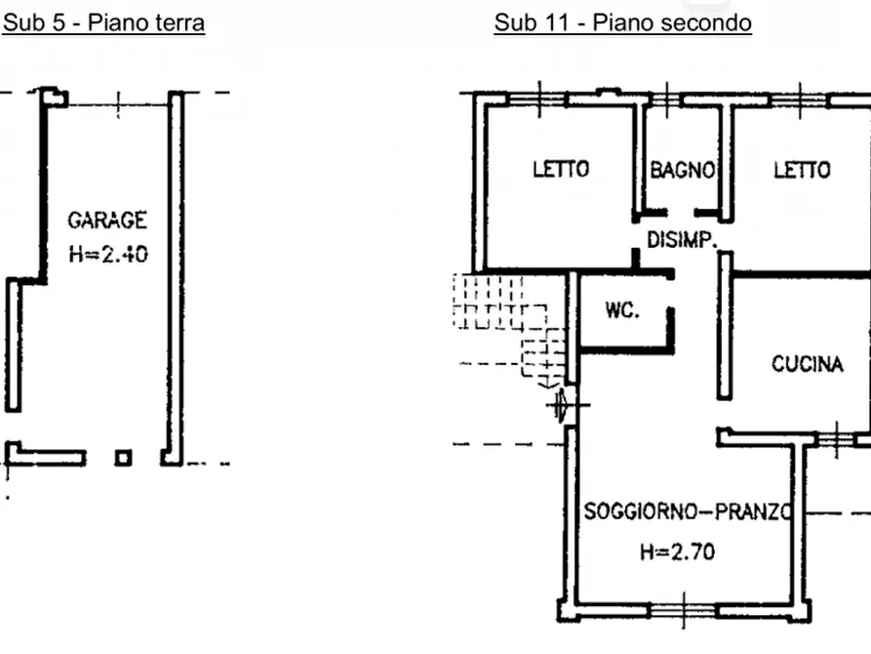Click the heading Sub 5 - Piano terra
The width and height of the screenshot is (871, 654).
[x=103, y=22]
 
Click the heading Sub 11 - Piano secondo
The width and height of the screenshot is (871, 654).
[x=622, y=22]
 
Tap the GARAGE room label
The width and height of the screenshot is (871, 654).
[x=107, y=221]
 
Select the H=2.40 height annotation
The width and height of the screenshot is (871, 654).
[x=108, y=254]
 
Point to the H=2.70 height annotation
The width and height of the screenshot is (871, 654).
[x=677, y=552]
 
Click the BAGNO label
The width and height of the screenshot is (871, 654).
[x=682, y=170]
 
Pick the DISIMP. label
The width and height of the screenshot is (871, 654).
[x=682, y=240]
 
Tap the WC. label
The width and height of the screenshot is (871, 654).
[x=622, y=309]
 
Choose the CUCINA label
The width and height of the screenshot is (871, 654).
[x=808, y=364]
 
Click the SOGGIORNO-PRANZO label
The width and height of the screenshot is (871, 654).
[x=687, y=511]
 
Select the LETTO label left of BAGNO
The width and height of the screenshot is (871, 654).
[x=561, y=169]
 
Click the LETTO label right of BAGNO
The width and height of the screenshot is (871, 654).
[x=802, y=170]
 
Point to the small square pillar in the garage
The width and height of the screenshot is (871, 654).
[x=123, y=458]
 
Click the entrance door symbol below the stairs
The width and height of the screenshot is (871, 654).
[x=562, y=405]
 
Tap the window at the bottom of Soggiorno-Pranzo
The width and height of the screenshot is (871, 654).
[x=684, y=611]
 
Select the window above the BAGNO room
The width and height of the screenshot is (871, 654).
[x=666, y=100]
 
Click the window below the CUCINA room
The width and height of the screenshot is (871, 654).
[x=836, y=439]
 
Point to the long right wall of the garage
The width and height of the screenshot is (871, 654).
[x=176, y=277]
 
